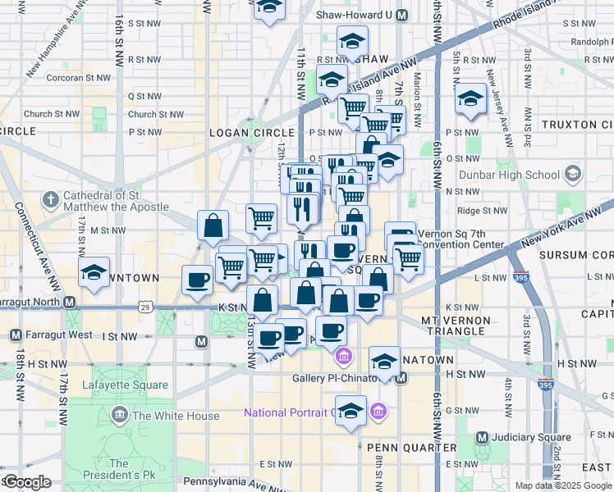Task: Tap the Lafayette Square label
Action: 125,385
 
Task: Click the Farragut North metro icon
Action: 71,303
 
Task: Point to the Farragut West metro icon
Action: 16,335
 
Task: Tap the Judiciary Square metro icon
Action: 482,437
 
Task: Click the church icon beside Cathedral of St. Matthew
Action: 50,199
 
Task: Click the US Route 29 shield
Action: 145,306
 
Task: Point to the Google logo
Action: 26,482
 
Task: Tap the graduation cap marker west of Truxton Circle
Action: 470,100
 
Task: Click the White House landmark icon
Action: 120,415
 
